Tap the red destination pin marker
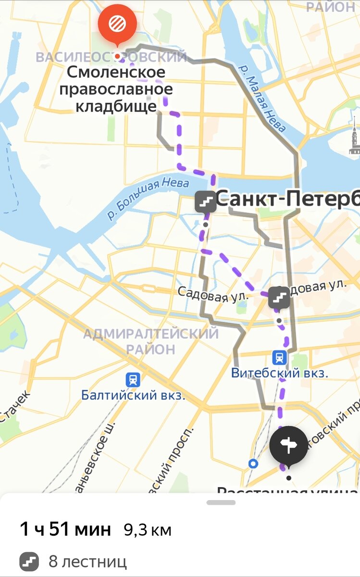[x=117, y=23]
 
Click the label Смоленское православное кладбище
[x=116, y=89]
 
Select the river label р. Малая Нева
[x=264, y=99]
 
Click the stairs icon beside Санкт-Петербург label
[x=206, y=201]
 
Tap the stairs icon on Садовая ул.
[x=279, y=298]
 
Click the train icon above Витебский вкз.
[x=279, y=357]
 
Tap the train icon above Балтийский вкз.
[x=133, y=379]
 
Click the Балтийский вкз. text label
[x=133, y=396]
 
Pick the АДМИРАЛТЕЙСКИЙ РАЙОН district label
[x=151, y=341]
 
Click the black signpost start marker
[x=288, y=446]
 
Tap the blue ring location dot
[x=253, y=464]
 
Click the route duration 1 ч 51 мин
[x=65, y=529]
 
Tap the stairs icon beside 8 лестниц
[x=29, y=561]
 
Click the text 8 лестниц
[x=87, y=561]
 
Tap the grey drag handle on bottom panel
[x=221, y=503]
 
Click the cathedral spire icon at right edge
[x=354, y=137]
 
